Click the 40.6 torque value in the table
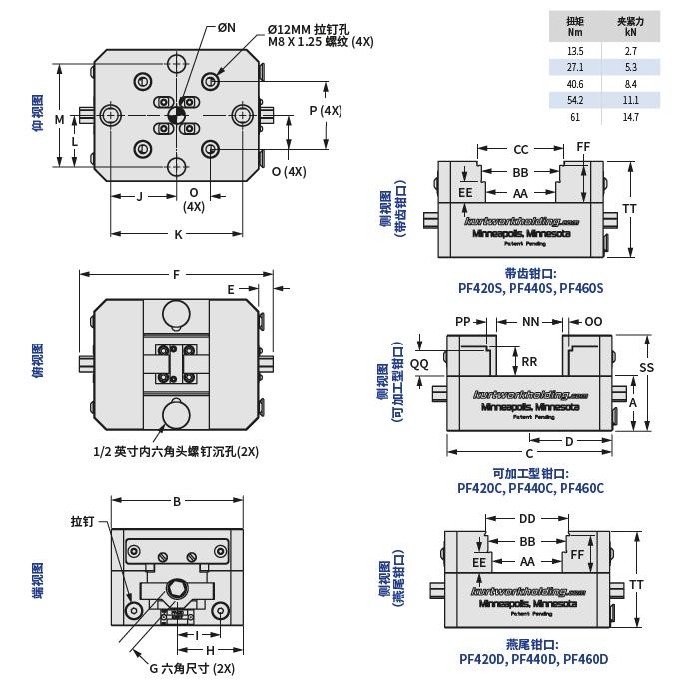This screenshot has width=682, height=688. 575,84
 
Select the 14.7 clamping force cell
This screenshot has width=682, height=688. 630,117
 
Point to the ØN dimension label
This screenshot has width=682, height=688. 227,28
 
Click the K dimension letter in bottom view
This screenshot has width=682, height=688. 179,234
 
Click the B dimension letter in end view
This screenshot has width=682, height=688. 177,501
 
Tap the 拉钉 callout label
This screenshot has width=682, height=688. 82,522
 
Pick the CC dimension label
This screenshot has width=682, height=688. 521,150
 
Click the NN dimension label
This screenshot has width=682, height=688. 530,322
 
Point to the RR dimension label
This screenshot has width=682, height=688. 530,362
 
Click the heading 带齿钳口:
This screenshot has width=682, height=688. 530,273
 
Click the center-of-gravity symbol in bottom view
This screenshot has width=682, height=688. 177,115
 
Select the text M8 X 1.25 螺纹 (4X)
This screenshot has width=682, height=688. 321,42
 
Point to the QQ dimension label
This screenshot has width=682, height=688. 419,364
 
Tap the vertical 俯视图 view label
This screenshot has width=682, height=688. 38,360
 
